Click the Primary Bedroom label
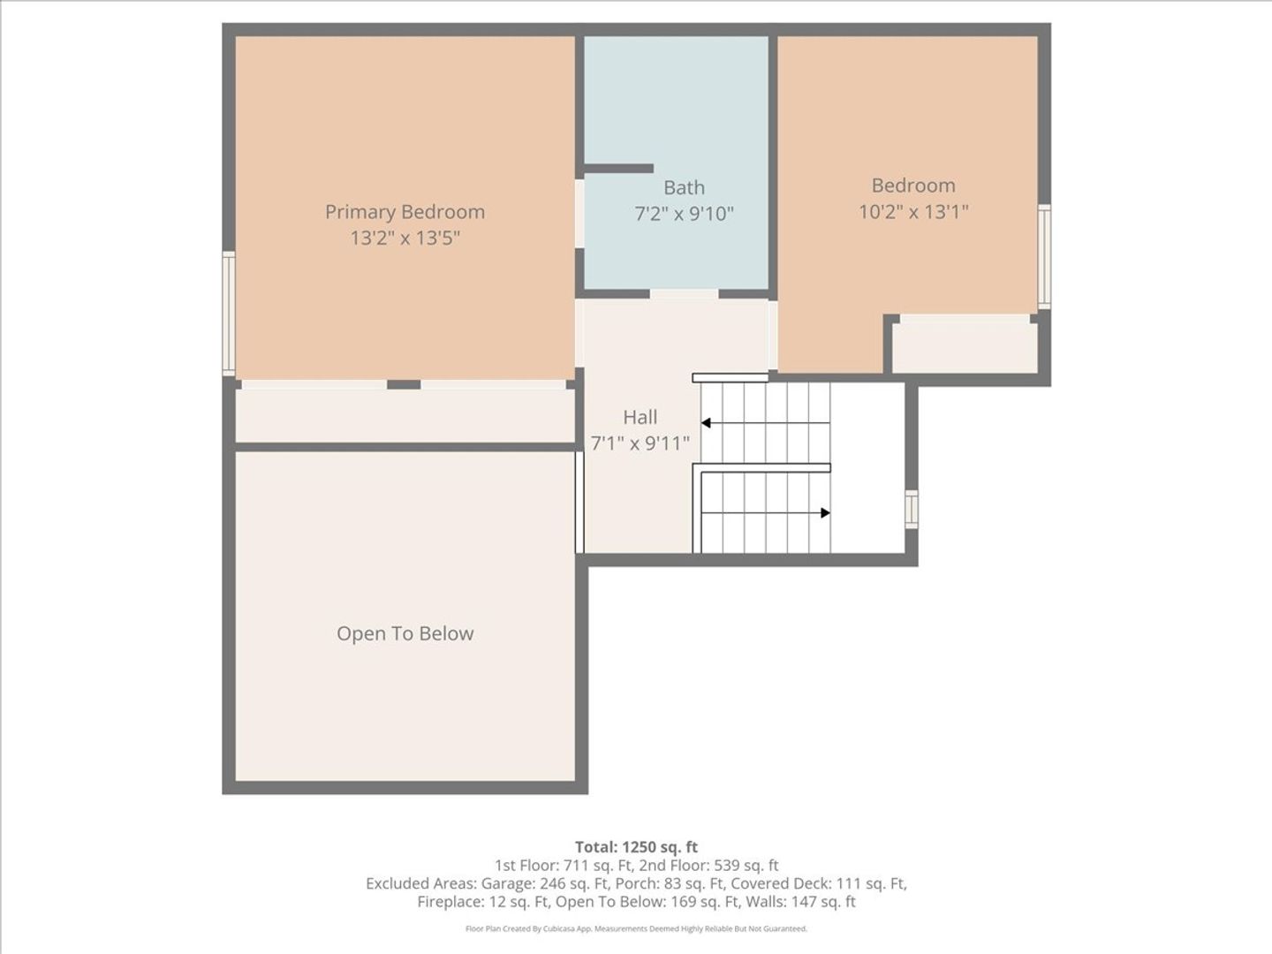coord(405,212)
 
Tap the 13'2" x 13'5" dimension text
coord(405,238)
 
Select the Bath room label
coord(684,187)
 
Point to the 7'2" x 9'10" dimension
coord(684,214)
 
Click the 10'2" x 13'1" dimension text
coord(913,211)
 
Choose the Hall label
coord(640,417)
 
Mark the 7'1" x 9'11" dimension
coord(640,443)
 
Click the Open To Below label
coord(405,633)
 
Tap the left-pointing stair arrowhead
coord(706,423)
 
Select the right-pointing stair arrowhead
coord(826,512)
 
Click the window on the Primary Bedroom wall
coord(229,314)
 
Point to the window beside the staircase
coord(912,509)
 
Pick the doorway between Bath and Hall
coord(684,294)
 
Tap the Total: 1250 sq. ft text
coord(636,847)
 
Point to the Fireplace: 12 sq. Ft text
coord(483,901)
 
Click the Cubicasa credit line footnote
coord(636,928)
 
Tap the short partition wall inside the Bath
coord(618,169)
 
